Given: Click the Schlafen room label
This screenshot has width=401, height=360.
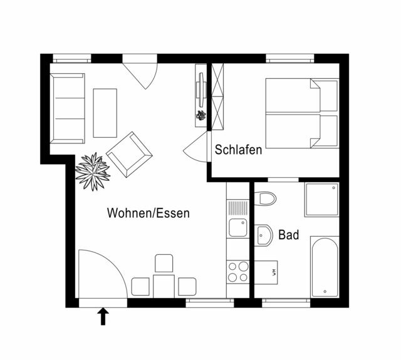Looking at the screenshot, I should point(238,150).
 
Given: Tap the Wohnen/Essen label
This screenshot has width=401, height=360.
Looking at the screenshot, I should point(148,213).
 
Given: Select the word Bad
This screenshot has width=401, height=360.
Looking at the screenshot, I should point(289,235).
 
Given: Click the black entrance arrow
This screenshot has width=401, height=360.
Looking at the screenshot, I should point(103,316).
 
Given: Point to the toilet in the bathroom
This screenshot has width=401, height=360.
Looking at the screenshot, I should point(266,199).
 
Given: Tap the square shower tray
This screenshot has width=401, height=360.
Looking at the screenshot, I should point(321,200).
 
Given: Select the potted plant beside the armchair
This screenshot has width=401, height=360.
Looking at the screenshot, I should point(93,170).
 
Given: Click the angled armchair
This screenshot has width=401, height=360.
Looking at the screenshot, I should point(129,153).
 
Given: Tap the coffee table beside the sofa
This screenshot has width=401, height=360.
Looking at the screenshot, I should point(105,113).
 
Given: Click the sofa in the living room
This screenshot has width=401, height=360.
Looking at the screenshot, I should point(66,108).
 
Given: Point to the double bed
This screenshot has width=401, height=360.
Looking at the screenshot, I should point(301,113).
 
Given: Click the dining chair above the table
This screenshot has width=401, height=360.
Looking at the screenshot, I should point(164,263).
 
